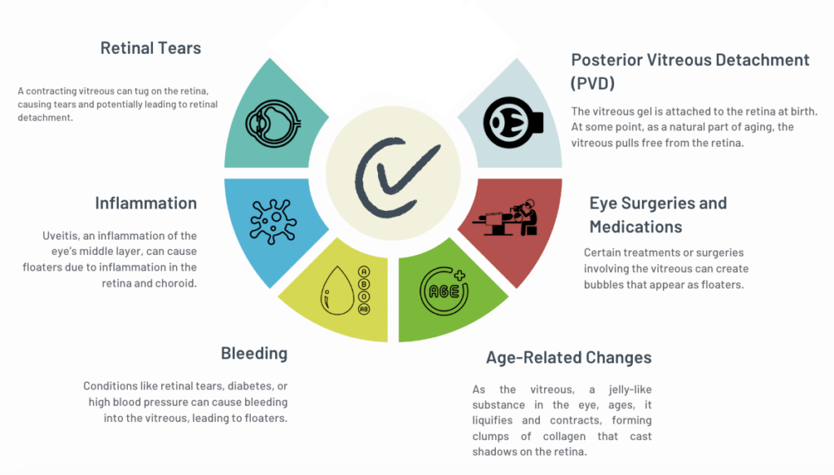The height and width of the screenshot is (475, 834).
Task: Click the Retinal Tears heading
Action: (x=151, y=48)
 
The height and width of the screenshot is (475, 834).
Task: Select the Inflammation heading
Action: (x=146, y=203)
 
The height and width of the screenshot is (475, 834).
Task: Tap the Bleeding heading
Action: (x=254, y=353)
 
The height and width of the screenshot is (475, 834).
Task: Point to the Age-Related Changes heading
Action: (x=568, y=358)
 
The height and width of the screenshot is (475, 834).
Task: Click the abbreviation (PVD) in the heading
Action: (x=593, y=83)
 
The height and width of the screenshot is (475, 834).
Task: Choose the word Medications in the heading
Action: (x=635, y=227)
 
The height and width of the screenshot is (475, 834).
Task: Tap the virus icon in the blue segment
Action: (x=273, y=222)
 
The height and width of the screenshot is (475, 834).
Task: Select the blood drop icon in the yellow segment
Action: (x=338, y=290)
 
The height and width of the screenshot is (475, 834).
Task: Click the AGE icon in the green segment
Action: (x=444, y=290)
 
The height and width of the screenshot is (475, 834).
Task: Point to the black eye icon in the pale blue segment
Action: (x=513, y=122)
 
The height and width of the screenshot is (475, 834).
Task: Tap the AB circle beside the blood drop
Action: (x=364, y=309)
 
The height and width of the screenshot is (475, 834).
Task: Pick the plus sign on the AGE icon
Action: (x=459, y=275)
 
